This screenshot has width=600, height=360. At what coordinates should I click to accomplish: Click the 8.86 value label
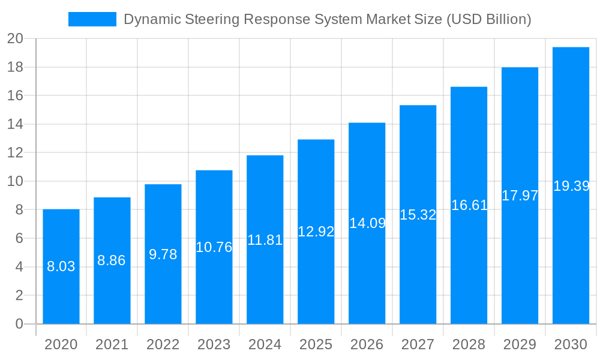(112, 260)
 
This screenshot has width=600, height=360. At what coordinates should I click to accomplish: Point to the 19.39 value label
(571, 186)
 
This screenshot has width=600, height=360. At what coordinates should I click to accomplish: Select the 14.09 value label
(367, 223)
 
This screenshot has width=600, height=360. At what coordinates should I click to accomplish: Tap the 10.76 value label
(214, 247)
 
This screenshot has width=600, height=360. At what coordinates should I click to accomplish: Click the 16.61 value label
(469, 205)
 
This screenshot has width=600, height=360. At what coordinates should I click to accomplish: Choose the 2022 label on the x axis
(163, 344)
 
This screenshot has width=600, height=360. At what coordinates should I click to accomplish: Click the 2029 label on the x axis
(520, 344)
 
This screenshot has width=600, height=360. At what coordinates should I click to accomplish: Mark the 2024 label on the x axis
(265, 344)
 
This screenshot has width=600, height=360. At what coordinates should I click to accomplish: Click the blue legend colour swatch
(92, 19)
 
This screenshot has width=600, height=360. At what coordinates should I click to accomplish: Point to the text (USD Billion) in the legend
(488, 19)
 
